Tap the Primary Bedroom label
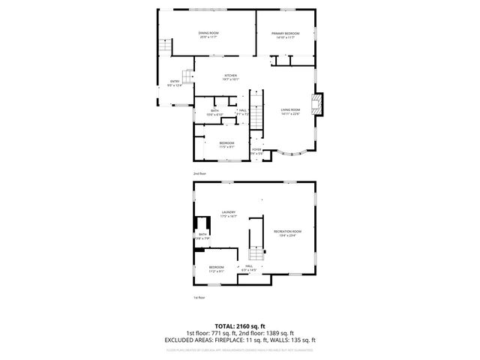tap(285, 34)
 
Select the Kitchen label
tap(230, 76)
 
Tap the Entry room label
tap(175, 82)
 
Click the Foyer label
tap(256, 150)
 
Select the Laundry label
tap(229, 214)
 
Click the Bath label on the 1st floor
tap(202, 235)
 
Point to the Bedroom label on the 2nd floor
tap(226, 144)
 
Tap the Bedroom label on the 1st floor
tap(216, 268)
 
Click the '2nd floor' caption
tap(199, 173)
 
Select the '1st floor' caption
tap(199, 298)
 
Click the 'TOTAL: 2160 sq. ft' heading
tap(240, 326)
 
